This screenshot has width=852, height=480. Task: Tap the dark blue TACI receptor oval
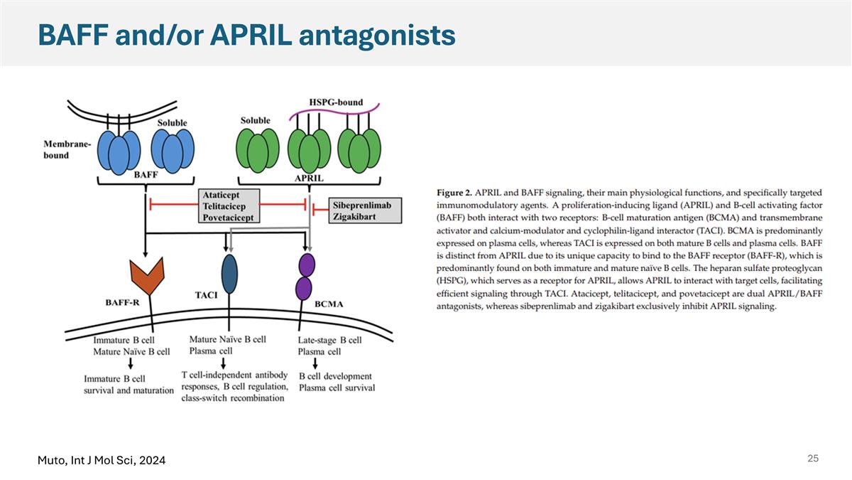point(229,274)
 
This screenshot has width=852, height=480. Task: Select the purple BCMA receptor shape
point(305,277)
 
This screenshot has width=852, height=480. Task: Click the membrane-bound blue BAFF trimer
point(119,152)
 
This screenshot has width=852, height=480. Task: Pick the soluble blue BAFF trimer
point(173,151)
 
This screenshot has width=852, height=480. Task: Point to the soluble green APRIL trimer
point(258,151)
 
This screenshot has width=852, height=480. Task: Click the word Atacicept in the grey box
point(221,195)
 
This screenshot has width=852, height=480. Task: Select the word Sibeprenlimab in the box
point(362,206)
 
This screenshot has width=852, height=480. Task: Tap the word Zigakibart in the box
point(354,217)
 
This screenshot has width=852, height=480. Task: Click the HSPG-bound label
point(336,102)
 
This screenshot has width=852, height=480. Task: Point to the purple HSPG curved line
point(334,111)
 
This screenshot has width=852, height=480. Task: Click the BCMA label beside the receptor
point(329,304)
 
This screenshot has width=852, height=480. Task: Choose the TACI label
point(206,295)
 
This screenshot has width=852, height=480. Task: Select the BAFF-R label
point(122,302)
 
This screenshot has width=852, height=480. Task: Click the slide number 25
point(813,458)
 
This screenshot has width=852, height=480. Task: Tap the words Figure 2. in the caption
point(454,193)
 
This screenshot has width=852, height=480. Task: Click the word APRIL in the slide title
point(251,35)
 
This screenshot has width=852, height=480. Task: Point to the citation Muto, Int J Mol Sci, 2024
point(102,461)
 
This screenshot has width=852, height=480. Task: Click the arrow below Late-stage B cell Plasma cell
point(315,364)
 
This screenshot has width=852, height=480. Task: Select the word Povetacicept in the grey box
point(228,218)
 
